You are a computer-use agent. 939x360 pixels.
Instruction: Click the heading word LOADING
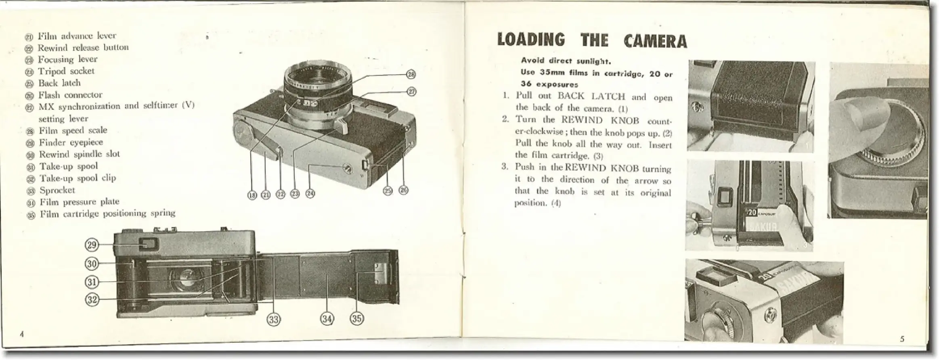tap(531, 41)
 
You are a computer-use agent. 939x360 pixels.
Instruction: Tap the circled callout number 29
tap(92, 245)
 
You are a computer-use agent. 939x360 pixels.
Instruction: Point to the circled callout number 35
tap(356, 319)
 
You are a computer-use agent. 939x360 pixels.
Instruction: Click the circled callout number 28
tap(411, 74)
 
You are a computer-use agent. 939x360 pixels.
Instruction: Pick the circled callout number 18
tap(252, 195)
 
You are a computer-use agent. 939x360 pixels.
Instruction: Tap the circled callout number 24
tap(310, 194)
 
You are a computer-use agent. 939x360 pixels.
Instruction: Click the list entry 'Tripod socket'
tap(66, 71)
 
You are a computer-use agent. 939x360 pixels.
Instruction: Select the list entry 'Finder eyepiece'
tap(71, 142)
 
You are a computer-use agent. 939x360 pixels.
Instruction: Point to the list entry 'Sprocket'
tap(57, 190)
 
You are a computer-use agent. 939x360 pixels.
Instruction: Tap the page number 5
tap(902, 339)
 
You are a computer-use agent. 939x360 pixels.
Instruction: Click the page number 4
tap(22, 334)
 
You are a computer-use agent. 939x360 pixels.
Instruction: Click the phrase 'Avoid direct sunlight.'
tap(566, 61)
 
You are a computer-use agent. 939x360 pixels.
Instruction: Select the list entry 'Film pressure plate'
tap(79, 202)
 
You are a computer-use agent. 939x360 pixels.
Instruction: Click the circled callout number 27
tap(411, 92)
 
